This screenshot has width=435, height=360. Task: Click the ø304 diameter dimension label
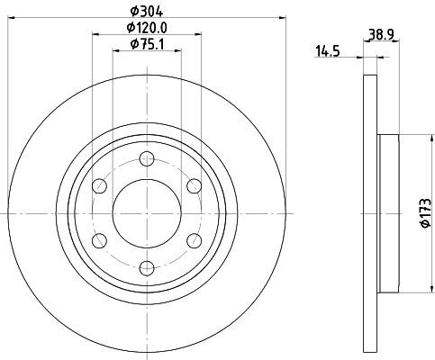coord(147,12)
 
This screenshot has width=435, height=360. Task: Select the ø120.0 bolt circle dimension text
coord(147,28)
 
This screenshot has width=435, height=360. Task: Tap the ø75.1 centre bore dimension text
coord(147,44)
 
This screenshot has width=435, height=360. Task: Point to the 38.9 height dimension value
coord(381,35)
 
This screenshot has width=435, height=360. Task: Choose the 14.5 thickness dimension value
coord(327,51)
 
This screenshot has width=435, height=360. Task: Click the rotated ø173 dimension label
coord(426,213)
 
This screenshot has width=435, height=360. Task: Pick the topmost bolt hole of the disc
coord(147,159)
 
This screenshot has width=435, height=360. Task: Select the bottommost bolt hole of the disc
coord(147,267)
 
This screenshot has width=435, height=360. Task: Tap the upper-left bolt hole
coord(100,186)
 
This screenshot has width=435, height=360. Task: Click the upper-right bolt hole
coord(194,186)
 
